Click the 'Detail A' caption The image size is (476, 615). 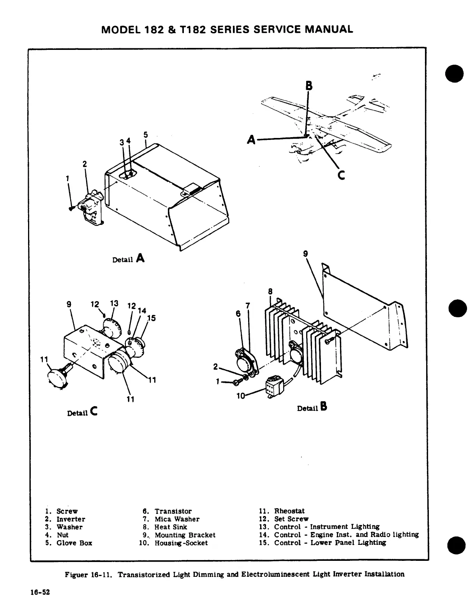coord(128,258)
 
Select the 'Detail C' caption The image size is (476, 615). coord(82,412)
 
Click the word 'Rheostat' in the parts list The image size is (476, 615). coord(289,511)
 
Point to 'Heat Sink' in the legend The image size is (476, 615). coord(171,527)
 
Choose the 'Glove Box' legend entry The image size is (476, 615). coord(74,543)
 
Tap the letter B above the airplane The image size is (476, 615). coord(309,85)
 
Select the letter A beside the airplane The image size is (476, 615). coord(252,139)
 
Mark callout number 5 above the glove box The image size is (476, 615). coord(146,135)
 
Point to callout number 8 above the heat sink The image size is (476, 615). coord(270,291)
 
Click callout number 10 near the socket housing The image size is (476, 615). coord(241,396)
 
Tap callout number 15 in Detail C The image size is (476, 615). coord(152,318)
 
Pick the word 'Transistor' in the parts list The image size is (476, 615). coord(173,511)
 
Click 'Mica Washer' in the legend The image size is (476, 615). coord(177,519)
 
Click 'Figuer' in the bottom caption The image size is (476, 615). coord(76,574)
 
